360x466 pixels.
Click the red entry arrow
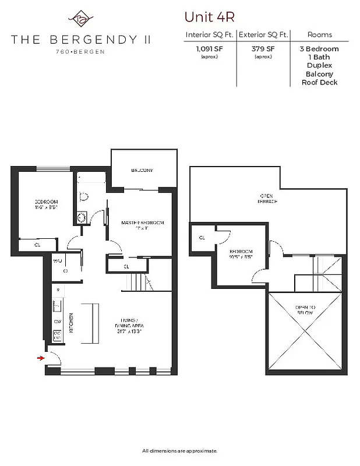(40, 358)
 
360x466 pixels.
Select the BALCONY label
(142, 170)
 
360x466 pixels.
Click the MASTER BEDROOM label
(142, 223)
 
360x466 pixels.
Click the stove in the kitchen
(58, 336)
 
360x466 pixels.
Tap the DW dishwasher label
(57, 321)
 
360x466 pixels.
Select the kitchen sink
(57, 305)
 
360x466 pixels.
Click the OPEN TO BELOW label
(304, 310)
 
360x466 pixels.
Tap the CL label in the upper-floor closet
(202, 238)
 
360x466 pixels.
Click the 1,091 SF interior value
(209, 49)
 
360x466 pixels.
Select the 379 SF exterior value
(263, 49)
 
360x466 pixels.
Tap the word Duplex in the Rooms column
(319, 66)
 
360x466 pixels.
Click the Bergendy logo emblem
(80, 19)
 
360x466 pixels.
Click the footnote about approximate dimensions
(180, 451)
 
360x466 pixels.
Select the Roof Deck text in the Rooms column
(319, 82)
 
